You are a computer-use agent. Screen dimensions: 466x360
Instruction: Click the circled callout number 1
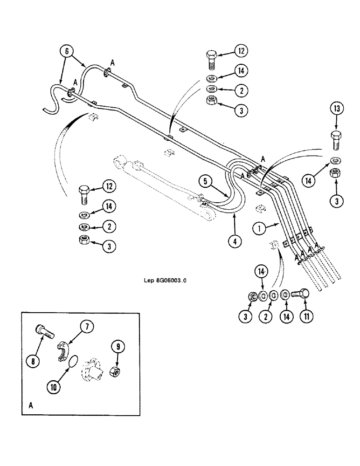pyautogui.click(x=258, y=229)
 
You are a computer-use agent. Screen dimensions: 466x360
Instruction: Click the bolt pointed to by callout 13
pyautogui.click(x=337, y=140)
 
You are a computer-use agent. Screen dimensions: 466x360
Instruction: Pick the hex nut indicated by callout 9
pyautogui.click(x=114, y=372)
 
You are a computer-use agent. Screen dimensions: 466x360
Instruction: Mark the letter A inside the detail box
pyautogui.click(x=30, y=405)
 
